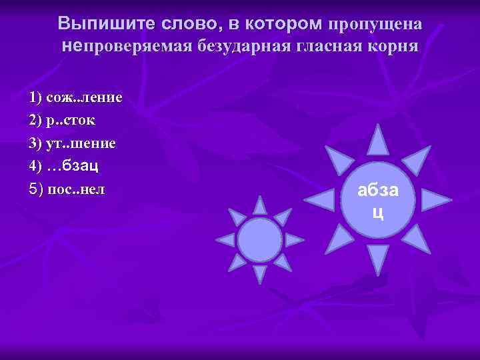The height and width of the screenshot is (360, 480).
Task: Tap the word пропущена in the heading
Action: [373, 24]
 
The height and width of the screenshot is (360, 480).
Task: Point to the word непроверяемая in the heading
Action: [127, 47]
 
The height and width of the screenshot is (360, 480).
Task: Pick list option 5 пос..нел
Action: [67, 189]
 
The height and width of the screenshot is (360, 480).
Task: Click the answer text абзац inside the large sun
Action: [378, 201]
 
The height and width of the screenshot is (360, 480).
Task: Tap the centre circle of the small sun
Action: [260, 240]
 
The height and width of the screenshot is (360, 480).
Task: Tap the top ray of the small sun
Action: [260, 206]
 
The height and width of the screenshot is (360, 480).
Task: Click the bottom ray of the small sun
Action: [260, 273]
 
